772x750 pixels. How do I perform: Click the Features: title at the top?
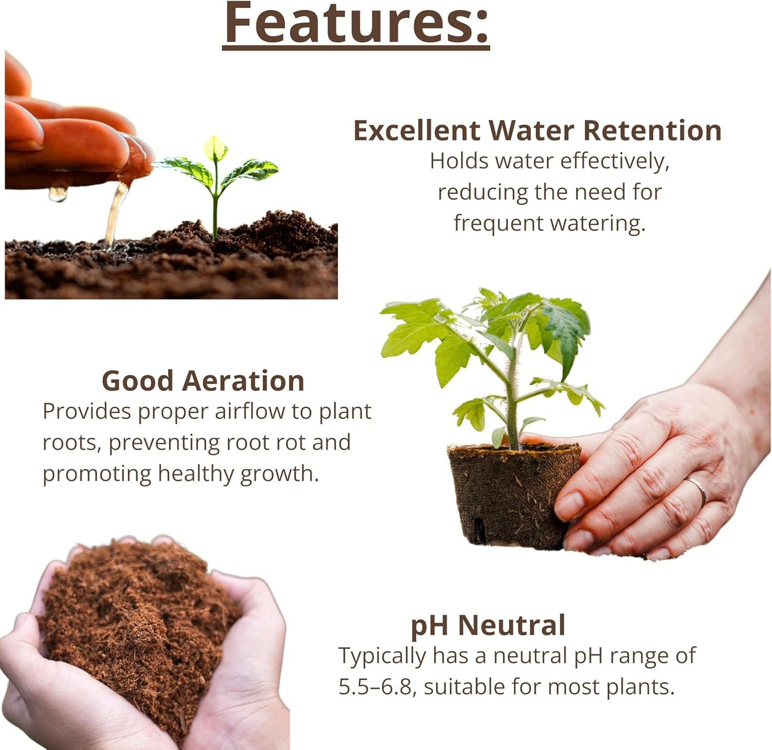pos(356,24)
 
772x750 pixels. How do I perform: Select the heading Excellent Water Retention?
pos(537,130)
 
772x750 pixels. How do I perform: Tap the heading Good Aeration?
pos(203,381)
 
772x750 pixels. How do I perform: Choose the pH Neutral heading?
pos(488,625)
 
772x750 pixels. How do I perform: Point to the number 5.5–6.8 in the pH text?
pos(376,687)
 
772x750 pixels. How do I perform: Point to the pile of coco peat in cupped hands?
pos(139,615)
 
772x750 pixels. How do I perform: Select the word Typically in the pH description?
pos(382,656)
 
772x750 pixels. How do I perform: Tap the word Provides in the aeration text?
pos(87,412)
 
